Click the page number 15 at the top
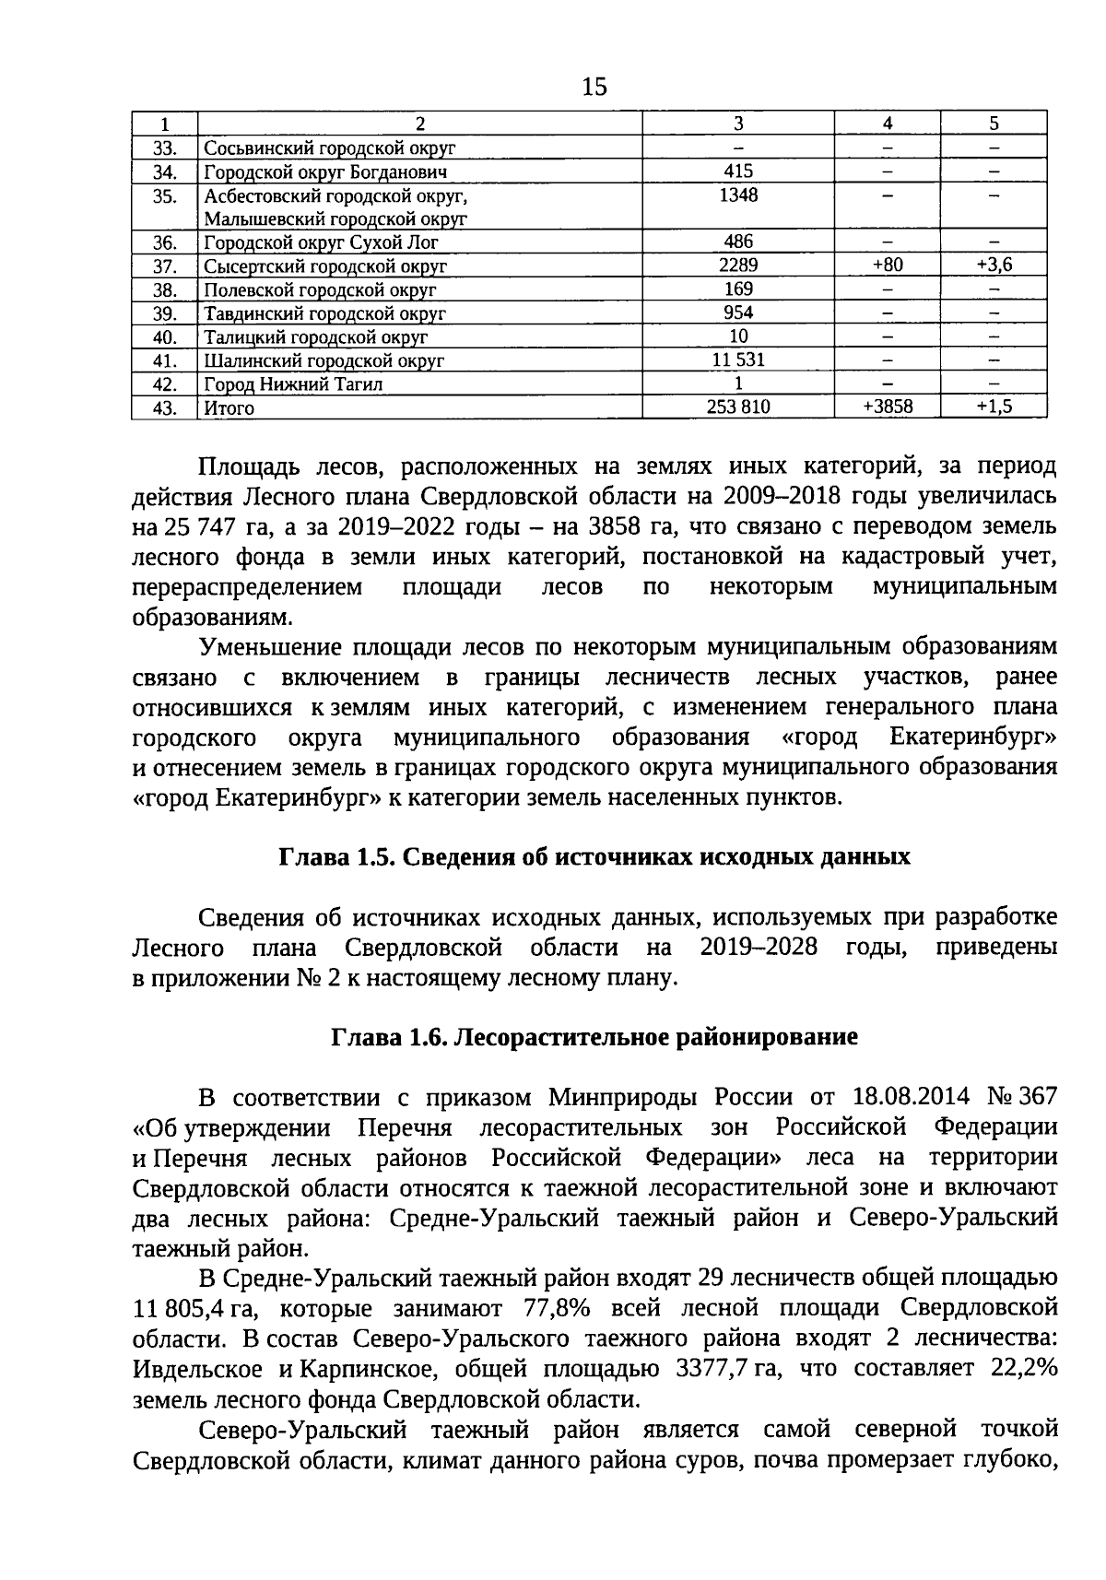(594, 88)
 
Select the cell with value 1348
(737, 195)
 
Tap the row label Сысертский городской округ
(325, 266)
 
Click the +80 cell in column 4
(887, 265)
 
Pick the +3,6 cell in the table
(994, 265)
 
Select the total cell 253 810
(737, 407)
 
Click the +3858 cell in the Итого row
(887, 407)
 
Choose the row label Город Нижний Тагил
(293, 384)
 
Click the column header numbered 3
(737, 124)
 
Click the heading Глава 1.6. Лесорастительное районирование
(594, 1037)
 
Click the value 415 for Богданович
(737, 171)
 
